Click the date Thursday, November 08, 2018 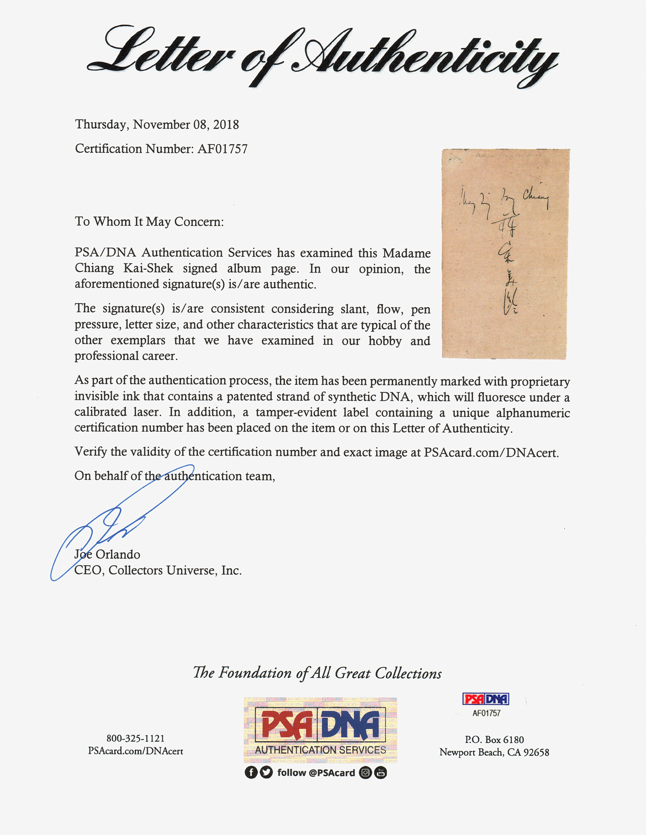click(157, 124)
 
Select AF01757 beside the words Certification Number click(222, 149)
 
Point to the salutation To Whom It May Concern click(149, 221)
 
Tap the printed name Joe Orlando click(107, 554)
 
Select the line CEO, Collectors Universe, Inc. click(158, 570)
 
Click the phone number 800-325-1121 click(135, 738)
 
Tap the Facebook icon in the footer click(251, 772)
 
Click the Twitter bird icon click(266, 772)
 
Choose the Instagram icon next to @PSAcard click(365, 772)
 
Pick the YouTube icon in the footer click(380, 772)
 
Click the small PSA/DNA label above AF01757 click(486, 699)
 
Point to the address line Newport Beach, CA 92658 click(494, 752)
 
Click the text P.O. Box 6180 click(494, 739)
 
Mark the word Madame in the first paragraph click(407, 253)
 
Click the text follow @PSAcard click(316, 772)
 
